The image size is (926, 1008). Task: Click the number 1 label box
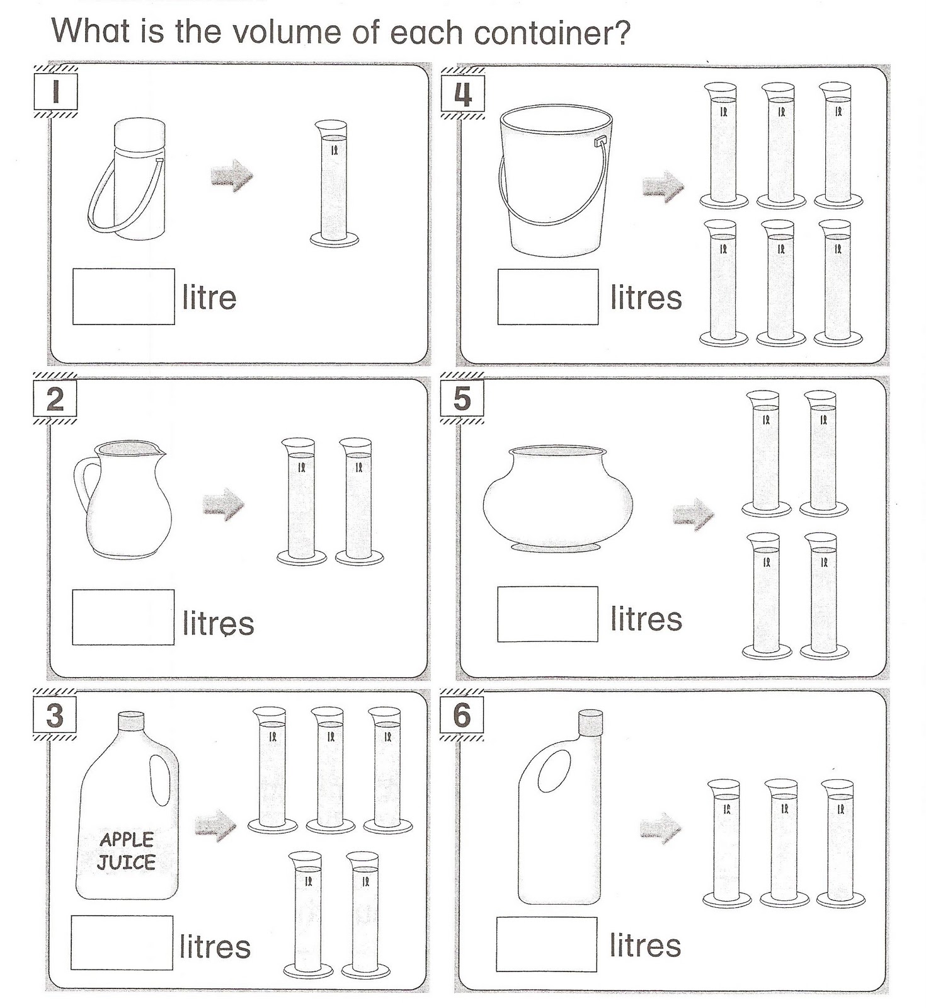click(55, 92)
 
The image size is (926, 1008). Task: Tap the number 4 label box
click(462, 94)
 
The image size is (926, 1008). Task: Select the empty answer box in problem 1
click(123, 297)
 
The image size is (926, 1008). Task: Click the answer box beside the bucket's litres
click(547, 297)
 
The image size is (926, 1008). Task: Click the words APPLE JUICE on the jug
click(127, 850)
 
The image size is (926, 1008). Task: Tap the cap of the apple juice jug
click(131, 721)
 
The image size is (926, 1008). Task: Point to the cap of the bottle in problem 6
click(590, 722)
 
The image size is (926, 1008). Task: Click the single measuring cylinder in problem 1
click(334, 183)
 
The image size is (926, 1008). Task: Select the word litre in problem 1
click(209, 297)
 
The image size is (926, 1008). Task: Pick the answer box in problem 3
click(122, 942)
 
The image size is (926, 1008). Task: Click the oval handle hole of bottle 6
click(554, 772)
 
